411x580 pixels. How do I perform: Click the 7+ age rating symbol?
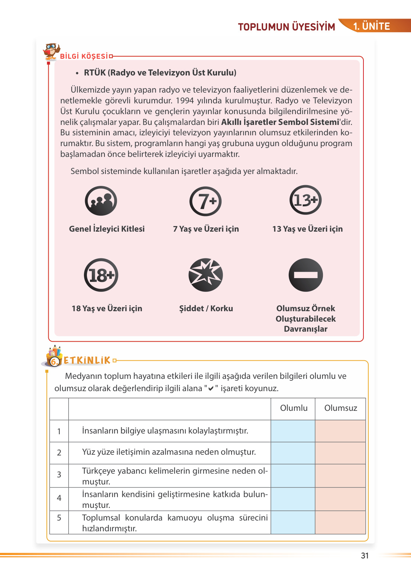pyautogui.click(x=205, y=201)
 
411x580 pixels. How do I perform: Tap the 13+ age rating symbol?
pyautogui.click(x=305, y=200)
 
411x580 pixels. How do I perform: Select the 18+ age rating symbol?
pyautogui.click(x=101, y=275)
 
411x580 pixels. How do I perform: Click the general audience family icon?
pyautogui.click(x=101, y=201)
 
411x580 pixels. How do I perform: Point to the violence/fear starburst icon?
pyautogui.click(x=205, y=275)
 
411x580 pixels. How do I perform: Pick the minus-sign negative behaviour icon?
pyautogui.click(x=305, y=275)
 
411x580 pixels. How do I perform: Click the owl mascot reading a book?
pyautogui.click(x=51, y=51)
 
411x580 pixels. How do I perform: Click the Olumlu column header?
pyautogui.click(x=294, y=408)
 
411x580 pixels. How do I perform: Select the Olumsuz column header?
pyautogui.click(x=340, y=408)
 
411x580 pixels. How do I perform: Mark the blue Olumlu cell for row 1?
pyautogui.click(x=293, y=431)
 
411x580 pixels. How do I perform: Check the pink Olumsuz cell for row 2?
pyautogui.click(x=340, y=452)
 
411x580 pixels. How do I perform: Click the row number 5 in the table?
pyautogui.click(x=59, y=518)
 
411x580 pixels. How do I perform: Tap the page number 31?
pyautogui.click(x=365, y=555)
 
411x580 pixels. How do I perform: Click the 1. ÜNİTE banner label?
pyautogui.click(x=371, y=26)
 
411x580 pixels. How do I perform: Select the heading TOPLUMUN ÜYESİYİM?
pyautogui.click(x=287, y=27)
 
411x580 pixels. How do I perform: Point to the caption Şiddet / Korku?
pyautogui.click(x=206, y=309)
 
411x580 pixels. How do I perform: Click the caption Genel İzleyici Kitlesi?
pyautogui.click(x=107, y=229)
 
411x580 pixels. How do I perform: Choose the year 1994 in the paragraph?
pyautogui.click(x=185, y=101)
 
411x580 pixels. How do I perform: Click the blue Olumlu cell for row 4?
pyautogui.click(x=293, y=499)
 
